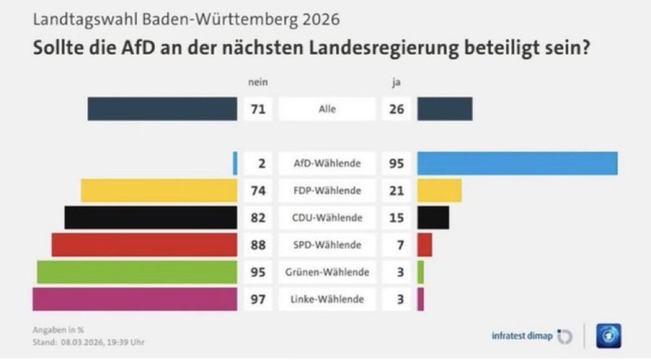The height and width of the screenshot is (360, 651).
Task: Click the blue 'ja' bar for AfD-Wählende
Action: pyautogui.click(x=517, y=163)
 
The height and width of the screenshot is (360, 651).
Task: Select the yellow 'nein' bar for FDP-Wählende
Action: pyautogui.click(x=159, y=190)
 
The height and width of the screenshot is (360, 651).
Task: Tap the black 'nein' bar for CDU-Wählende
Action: pyautogui.click(x=150, y=218)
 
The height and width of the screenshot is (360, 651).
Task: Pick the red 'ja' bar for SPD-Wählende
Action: pyautogui.click(x=425, y=245)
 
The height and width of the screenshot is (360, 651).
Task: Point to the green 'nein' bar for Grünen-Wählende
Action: pyautogui.click(x=137, y=272)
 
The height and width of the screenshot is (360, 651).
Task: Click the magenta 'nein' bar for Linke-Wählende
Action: pyautogui.click(x=134, y=299)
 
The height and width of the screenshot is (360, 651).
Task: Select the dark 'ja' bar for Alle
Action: pyautogui.click(x=445, y=109)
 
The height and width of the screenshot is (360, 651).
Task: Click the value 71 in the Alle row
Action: pyautogui.click(x=258, y=109)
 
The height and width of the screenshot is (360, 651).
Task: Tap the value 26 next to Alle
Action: pyautogui.click(x=397, y=109)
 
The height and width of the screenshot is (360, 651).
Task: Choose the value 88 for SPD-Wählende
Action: pyautogui.click(x=258, y=245)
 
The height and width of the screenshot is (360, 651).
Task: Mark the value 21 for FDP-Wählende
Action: pyautogui.click(x=397, y=191)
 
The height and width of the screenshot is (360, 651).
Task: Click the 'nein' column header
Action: pyautogui.click(x=258, y=83)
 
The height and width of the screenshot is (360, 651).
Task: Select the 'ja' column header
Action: pyautogui.click(x=396, y=83)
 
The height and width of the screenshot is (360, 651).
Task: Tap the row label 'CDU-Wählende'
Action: pyautogui.click(x=327, y=218)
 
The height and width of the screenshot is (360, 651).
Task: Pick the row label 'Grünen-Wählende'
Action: pyautogui.click(x=327, y=272)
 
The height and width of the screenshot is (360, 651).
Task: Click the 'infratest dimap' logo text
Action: pyautogui.click(x=522, y=336)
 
